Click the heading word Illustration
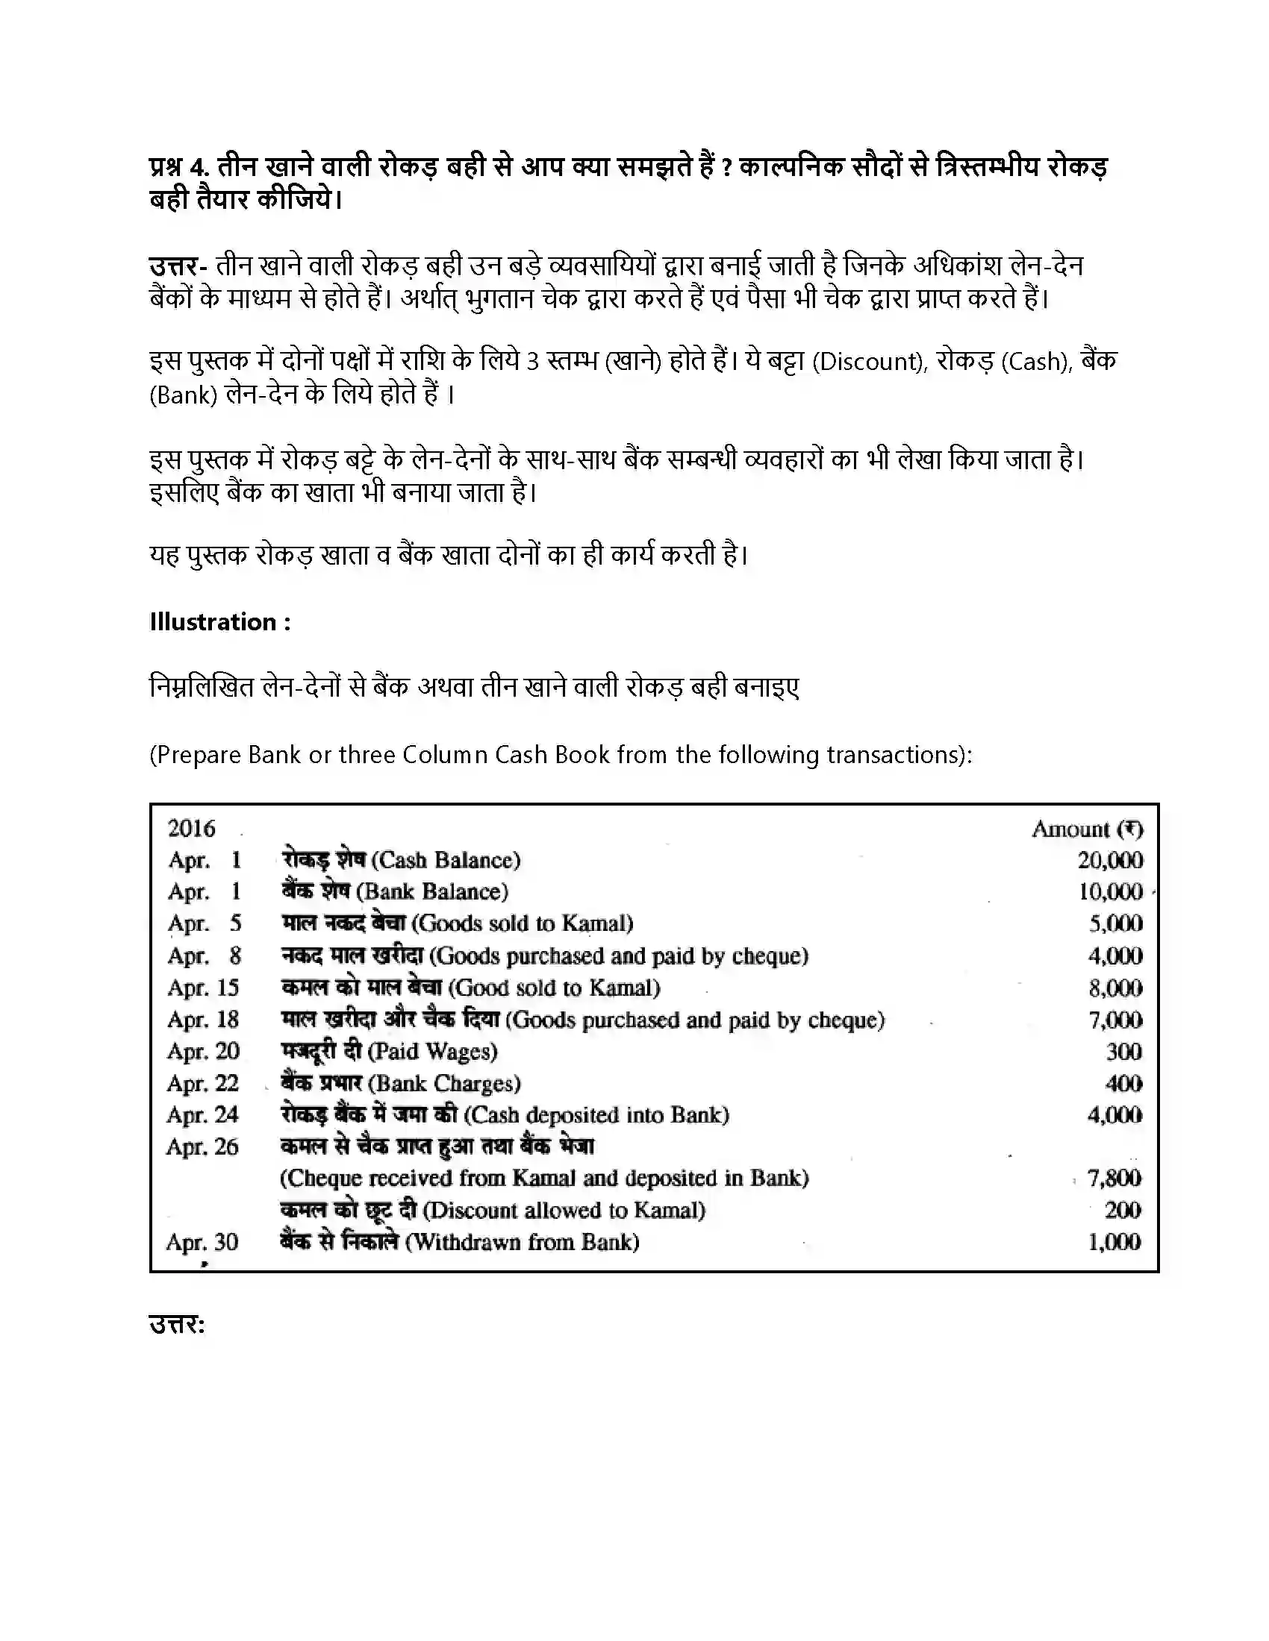tap(213, 622)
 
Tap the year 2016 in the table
tap(191, 828)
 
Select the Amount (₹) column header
tap(1087, 829)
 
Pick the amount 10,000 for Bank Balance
tap(1111, 892)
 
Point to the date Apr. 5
tap(205, 923)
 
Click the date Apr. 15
tap(203, 988)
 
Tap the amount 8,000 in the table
tap(1116, 988)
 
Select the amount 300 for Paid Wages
tap(1124, 1051)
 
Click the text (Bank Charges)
tap(444, 1084)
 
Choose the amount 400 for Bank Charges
tap(1124, 1084)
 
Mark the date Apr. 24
tap(202, 1114)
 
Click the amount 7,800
tap(1114, 1177)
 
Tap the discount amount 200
tap(1123, 1210)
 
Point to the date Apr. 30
tap(202, 1241)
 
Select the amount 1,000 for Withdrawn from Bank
tap(1114, 1241)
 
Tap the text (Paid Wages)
tap(432, 1051)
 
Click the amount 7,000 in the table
tap(1116, 1020)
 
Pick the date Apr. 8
tap(205, 956)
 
